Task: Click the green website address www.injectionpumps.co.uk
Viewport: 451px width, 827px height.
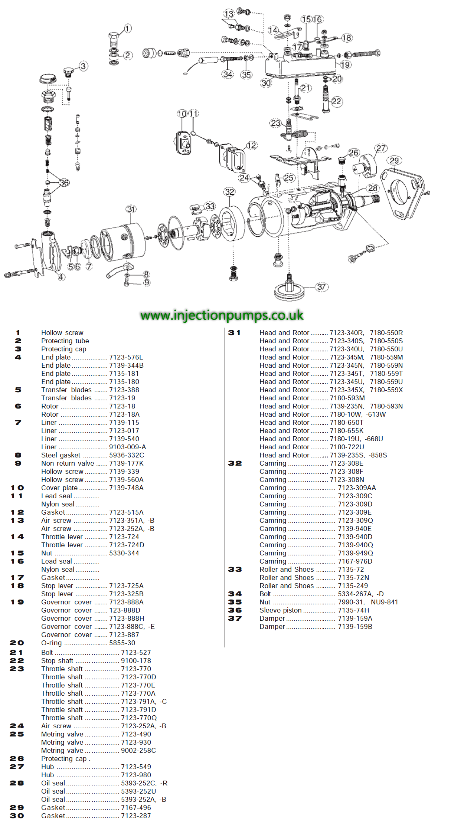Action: point(222,315)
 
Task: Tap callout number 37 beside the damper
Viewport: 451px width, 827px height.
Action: point(321,287)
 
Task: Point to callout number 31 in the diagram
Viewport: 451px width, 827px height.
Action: point(131,209)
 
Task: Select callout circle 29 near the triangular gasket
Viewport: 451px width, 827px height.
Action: point(394,160)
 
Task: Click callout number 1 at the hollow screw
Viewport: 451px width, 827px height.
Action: point(127,29)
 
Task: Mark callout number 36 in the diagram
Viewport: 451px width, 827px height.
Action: point(64,183)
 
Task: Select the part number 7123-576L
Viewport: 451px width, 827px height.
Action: point(126,357)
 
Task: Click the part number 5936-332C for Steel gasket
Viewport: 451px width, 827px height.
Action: point(126,455)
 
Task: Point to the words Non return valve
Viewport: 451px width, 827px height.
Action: point(68,463)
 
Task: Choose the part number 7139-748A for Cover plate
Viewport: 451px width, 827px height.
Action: point(126,488)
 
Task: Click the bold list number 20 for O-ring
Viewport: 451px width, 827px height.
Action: point(17,643)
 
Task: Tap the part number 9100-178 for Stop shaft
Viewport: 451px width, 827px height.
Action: point(136,661)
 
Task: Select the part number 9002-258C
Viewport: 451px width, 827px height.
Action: point(138,751)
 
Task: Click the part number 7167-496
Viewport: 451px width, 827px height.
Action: point(136,808)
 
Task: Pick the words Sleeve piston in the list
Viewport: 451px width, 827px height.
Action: point(281,610)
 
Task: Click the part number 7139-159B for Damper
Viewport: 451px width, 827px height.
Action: point(355,627)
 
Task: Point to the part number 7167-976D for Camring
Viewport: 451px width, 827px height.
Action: point(355,561)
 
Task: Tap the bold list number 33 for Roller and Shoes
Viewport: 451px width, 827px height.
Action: point(235,570)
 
